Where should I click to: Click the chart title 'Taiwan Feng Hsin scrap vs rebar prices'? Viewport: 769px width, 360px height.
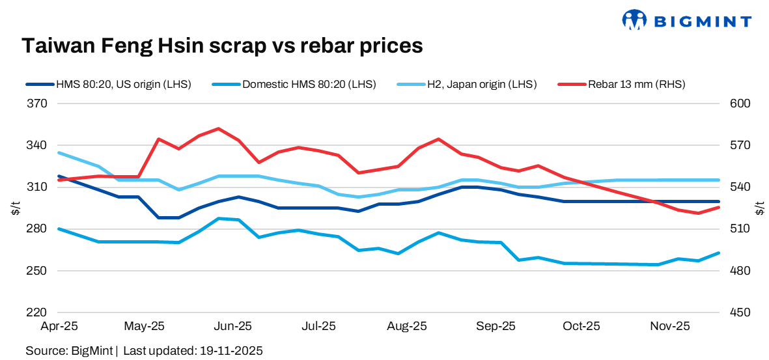coord(223,46)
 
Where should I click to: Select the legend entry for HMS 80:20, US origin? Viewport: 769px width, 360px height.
coord(108,84)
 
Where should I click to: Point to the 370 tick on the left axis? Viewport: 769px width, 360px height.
coord(39,104)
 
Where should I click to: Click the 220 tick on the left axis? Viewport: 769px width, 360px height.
coord(39,312)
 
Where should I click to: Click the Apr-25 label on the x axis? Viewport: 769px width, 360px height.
coord(59,325)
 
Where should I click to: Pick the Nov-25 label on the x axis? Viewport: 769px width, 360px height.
coord(671,325)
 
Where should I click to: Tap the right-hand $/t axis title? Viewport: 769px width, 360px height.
coord(760,208)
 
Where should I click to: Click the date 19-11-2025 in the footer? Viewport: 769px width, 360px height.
coord(229,351)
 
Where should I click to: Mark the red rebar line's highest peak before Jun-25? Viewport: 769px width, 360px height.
coord(218,128)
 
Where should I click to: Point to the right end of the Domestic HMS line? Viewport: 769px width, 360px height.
coord(719,253)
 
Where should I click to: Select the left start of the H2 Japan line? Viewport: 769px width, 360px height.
coord(59,152)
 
